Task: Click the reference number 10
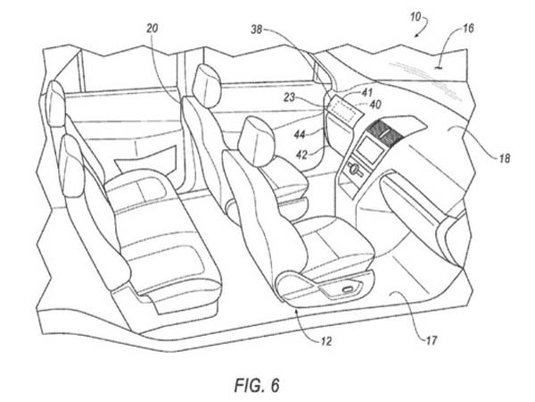point(416,17)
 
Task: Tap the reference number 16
point(468,29)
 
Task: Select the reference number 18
point(505,158)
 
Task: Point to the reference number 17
point(432,340)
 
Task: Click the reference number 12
point(326,341)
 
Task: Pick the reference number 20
point(152,29)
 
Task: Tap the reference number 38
point(257,29)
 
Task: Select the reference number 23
point(289,97)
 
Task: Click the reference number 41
point(366,92)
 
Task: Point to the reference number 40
point(375,105)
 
